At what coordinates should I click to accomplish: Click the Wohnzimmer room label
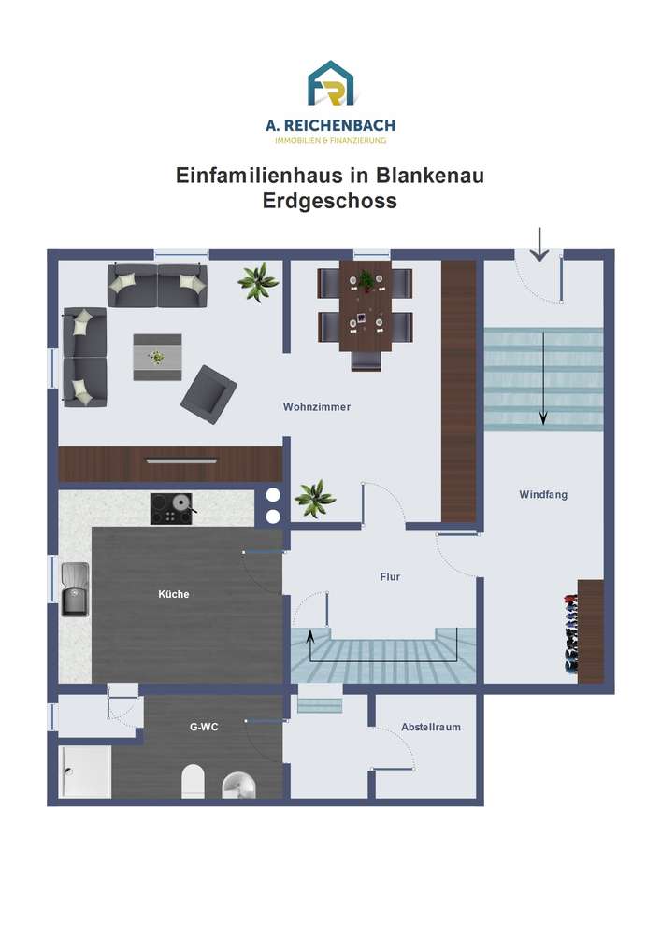[x=317, y=407]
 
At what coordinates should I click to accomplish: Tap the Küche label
[x=174, y=594]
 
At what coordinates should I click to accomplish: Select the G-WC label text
[x=204, y=727]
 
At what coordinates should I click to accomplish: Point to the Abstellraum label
[x=430, y=727]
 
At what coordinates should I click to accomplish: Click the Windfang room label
[x=543, y=494]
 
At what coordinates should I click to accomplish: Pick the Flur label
[x=390, y=576]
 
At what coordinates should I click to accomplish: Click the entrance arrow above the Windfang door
[x=539, y=244]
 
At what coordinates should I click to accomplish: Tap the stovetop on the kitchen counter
[x=172, y=509]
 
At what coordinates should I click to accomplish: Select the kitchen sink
[x=75, y=589]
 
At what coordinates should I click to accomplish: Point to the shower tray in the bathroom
[x=85, y=772]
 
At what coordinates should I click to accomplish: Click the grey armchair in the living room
[x=208, y=394]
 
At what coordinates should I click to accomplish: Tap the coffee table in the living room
[x=157, y=358]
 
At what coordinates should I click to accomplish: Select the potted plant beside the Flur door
[x=315, y=498]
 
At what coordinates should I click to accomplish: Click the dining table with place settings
[x=366, y=305]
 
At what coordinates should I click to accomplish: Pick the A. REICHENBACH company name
[x=330, y=126]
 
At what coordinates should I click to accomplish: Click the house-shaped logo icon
[x=330, y=83]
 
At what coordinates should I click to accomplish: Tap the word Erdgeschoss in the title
[x=330, y=201]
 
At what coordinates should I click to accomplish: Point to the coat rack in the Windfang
[x=571, y=633]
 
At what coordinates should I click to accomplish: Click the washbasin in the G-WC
[x=239, y=785]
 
